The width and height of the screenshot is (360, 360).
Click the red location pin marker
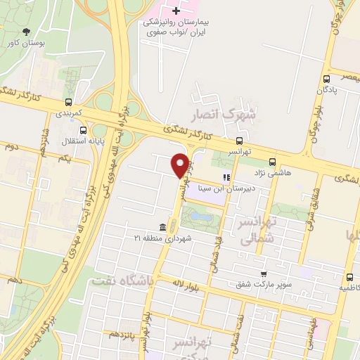(x=180, y=165)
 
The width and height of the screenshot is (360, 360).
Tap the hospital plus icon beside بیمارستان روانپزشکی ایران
(x=176, y=11)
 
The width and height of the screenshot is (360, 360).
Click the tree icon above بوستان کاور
(x=27, y=31)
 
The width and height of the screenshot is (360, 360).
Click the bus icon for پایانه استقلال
(x=84, y=129)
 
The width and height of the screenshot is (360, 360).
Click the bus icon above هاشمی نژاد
(x=271, y=160)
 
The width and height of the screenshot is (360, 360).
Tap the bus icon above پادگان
(x=326, y=79)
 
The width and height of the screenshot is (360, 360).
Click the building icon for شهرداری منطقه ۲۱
(x=163, y=226)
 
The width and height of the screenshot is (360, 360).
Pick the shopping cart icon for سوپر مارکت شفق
(x=263, y=274)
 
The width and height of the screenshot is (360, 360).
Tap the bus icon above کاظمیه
(x=349, y=277)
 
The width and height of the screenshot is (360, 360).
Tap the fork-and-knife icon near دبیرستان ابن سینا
(x=226, y=177)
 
